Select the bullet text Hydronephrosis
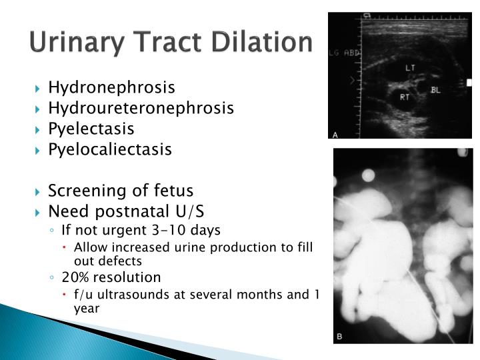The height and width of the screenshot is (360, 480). [x=111, y=87]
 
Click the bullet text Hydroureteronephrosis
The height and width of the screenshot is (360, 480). [x=141, y=108]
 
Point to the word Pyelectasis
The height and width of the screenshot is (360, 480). [x=91, y=129]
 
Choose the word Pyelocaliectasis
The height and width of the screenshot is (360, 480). [x=110, y=149]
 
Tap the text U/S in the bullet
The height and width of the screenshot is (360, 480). [x=187, y=212]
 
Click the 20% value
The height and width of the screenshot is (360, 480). [x=75, y=277]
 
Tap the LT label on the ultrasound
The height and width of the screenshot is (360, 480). [x=411, y=68]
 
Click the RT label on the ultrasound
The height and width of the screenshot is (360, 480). [x=404, y=97]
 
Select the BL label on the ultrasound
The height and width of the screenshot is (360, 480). [x=436, y=89]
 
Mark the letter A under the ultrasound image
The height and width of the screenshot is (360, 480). [x=335, y=135]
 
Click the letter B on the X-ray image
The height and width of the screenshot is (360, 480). [x=339, y=337]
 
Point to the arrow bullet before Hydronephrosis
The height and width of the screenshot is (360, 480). [x=38, y=88]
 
